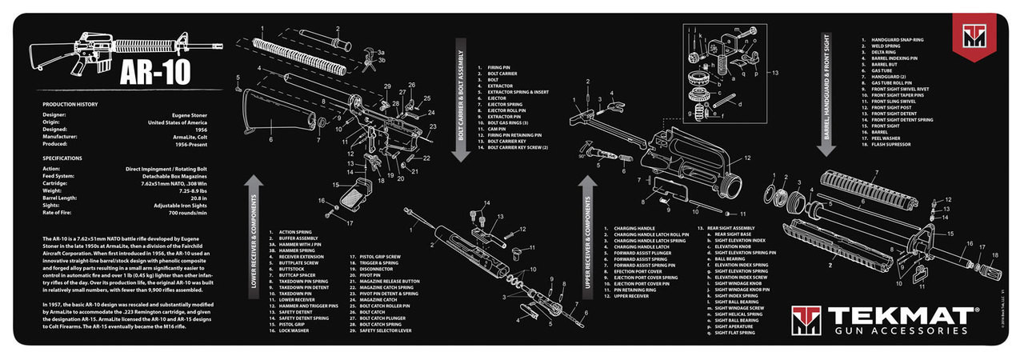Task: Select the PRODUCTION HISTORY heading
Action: [x=70, y=105]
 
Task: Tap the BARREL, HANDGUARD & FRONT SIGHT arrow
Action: [x=826, y=92]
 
